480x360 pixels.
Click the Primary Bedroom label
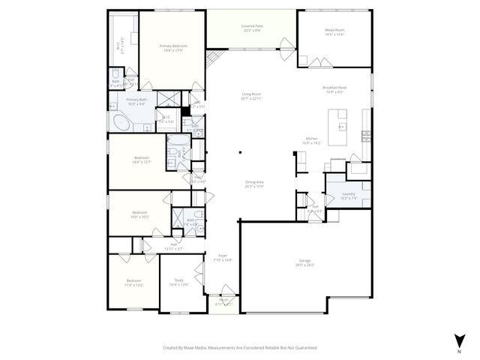click(172, 48)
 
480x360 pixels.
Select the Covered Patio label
click(251, 28)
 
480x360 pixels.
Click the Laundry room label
click(348, 196)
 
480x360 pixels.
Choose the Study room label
click(179, 282)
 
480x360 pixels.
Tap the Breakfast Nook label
click(333, 90)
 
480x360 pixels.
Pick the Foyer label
click(223, 257)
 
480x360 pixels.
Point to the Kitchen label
click(311, 140)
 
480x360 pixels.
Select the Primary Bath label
click(136, 101)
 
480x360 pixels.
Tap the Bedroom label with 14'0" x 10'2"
click(140, 214)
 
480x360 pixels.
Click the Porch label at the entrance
click(223, 302)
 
